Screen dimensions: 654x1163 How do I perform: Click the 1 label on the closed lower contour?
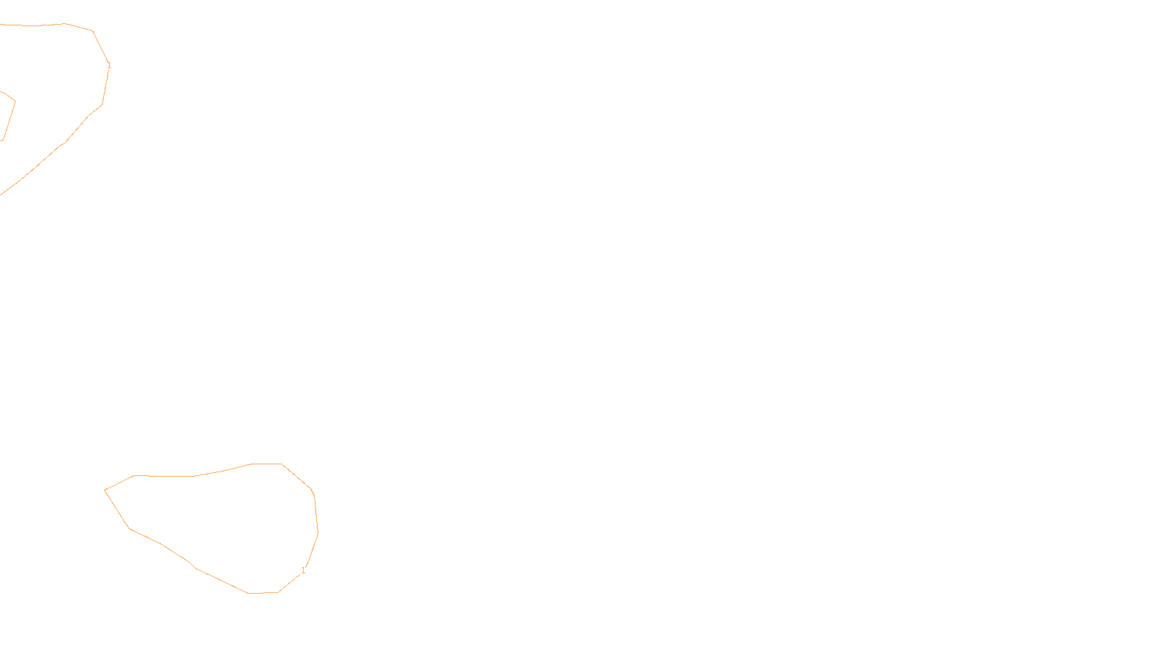pos(303,570)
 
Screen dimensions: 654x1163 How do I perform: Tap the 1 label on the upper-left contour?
pos(109,65)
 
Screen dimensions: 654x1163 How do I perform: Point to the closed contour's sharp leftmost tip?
pos(105,490)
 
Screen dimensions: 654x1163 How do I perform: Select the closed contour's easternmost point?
pos(318,532)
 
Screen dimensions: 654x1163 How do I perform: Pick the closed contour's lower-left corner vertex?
pos(130,528)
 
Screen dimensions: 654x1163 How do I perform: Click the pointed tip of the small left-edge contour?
pos(15,102)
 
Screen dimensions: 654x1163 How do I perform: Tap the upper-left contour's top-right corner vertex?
pos(92,31)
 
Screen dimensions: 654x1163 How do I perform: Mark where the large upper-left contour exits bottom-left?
pos(1,194)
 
